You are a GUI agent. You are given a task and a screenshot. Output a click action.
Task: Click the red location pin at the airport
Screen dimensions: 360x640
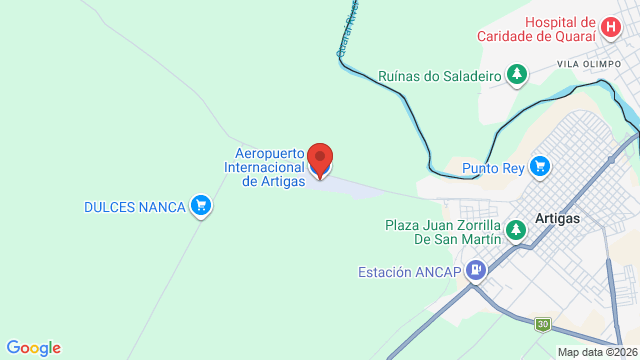[320, 158]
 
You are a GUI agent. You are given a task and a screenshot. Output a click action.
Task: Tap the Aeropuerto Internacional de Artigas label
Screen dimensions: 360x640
[269, 167]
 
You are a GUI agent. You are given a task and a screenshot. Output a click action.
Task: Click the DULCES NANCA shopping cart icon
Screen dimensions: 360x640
[201, 206]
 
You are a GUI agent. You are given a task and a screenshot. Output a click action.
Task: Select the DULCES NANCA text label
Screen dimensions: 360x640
[134, 207]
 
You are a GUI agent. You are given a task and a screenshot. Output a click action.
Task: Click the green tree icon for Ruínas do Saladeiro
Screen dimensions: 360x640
[516, 75]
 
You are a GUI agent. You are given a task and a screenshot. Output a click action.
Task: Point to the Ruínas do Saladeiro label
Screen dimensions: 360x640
[440, 75]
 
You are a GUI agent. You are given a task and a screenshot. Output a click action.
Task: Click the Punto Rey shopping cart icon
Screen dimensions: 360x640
[539, 165]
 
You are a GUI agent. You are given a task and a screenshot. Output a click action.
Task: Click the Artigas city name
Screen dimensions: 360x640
[558, 218]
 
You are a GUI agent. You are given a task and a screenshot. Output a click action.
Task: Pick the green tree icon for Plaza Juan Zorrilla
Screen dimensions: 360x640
[516, 231]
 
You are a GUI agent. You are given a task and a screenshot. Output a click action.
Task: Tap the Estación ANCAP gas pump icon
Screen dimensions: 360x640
[476, 270]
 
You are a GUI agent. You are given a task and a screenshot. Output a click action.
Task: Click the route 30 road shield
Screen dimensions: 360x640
[543, 324]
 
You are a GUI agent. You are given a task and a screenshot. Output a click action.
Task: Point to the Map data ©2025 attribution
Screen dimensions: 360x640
[597, 352]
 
